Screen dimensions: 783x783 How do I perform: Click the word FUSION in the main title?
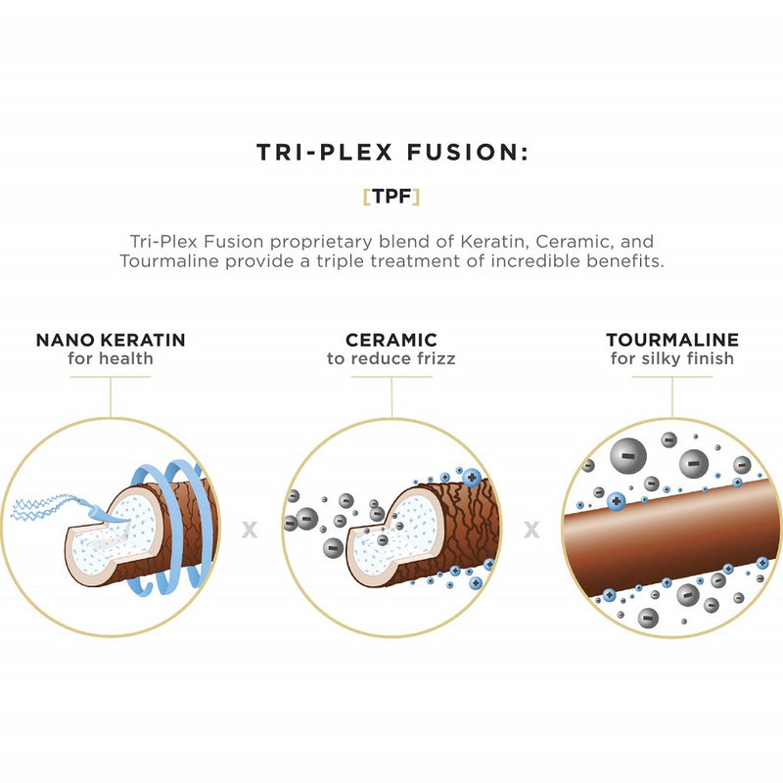point(467,152)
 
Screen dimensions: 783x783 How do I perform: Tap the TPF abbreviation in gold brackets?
point(391,197)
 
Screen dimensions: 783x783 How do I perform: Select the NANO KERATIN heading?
point(111,340)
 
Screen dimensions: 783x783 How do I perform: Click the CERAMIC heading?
point(391,340)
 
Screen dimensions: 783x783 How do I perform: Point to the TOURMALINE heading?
point(672,340)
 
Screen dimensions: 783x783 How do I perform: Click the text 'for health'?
point(111,358)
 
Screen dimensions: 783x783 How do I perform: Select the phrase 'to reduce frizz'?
point(391,358)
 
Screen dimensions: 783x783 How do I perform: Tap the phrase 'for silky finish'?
point(672,358)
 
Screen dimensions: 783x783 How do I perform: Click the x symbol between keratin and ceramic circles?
point(250,530)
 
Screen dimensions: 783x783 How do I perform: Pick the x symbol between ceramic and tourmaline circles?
point(531,530)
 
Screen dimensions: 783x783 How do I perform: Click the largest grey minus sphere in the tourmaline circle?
point(628,456)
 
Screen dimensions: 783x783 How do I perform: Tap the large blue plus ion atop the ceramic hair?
point(472,478)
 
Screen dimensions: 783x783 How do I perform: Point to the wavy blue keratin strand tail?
point(47,506)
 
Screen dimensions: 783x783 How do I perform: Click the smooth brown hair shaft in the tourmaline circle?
point(671,537)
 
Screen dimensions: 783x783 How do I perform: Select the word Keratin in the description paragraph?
point(492,242)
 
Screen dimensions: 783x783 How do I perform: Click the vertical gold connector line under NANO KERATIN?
point(111,397)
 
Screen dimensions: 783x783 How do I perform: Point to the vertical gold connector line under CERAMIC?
point(391,397)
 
